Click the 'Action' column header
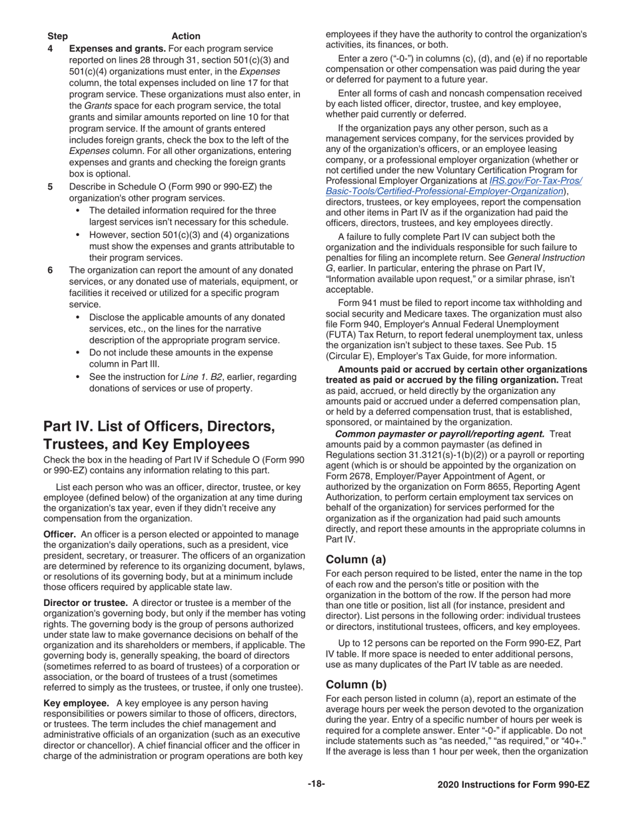[186, 36]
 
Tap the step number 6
[50, 270]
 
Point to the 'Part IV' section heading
[159, 435]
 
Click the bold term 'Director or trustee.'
[85, 603]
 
